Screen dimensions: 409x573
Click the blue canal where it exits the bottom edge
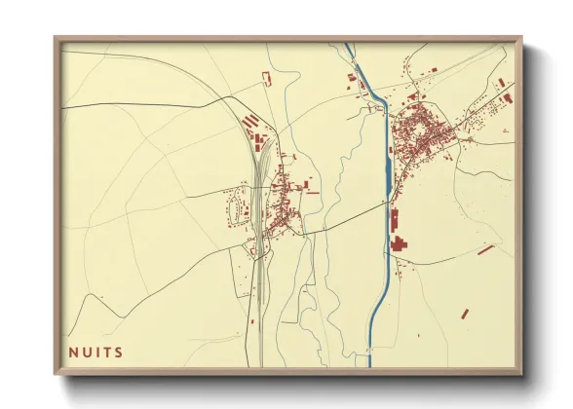point(370,363)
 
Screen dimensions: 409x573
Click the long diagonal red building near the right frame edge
point(485,249)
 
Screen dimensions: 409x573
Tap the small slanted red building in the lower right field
point(465,314)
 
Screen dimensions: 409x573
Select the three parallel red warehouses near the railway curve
point(250,124)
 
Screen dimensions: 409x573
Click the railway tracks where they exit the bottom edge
point(261,363)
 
